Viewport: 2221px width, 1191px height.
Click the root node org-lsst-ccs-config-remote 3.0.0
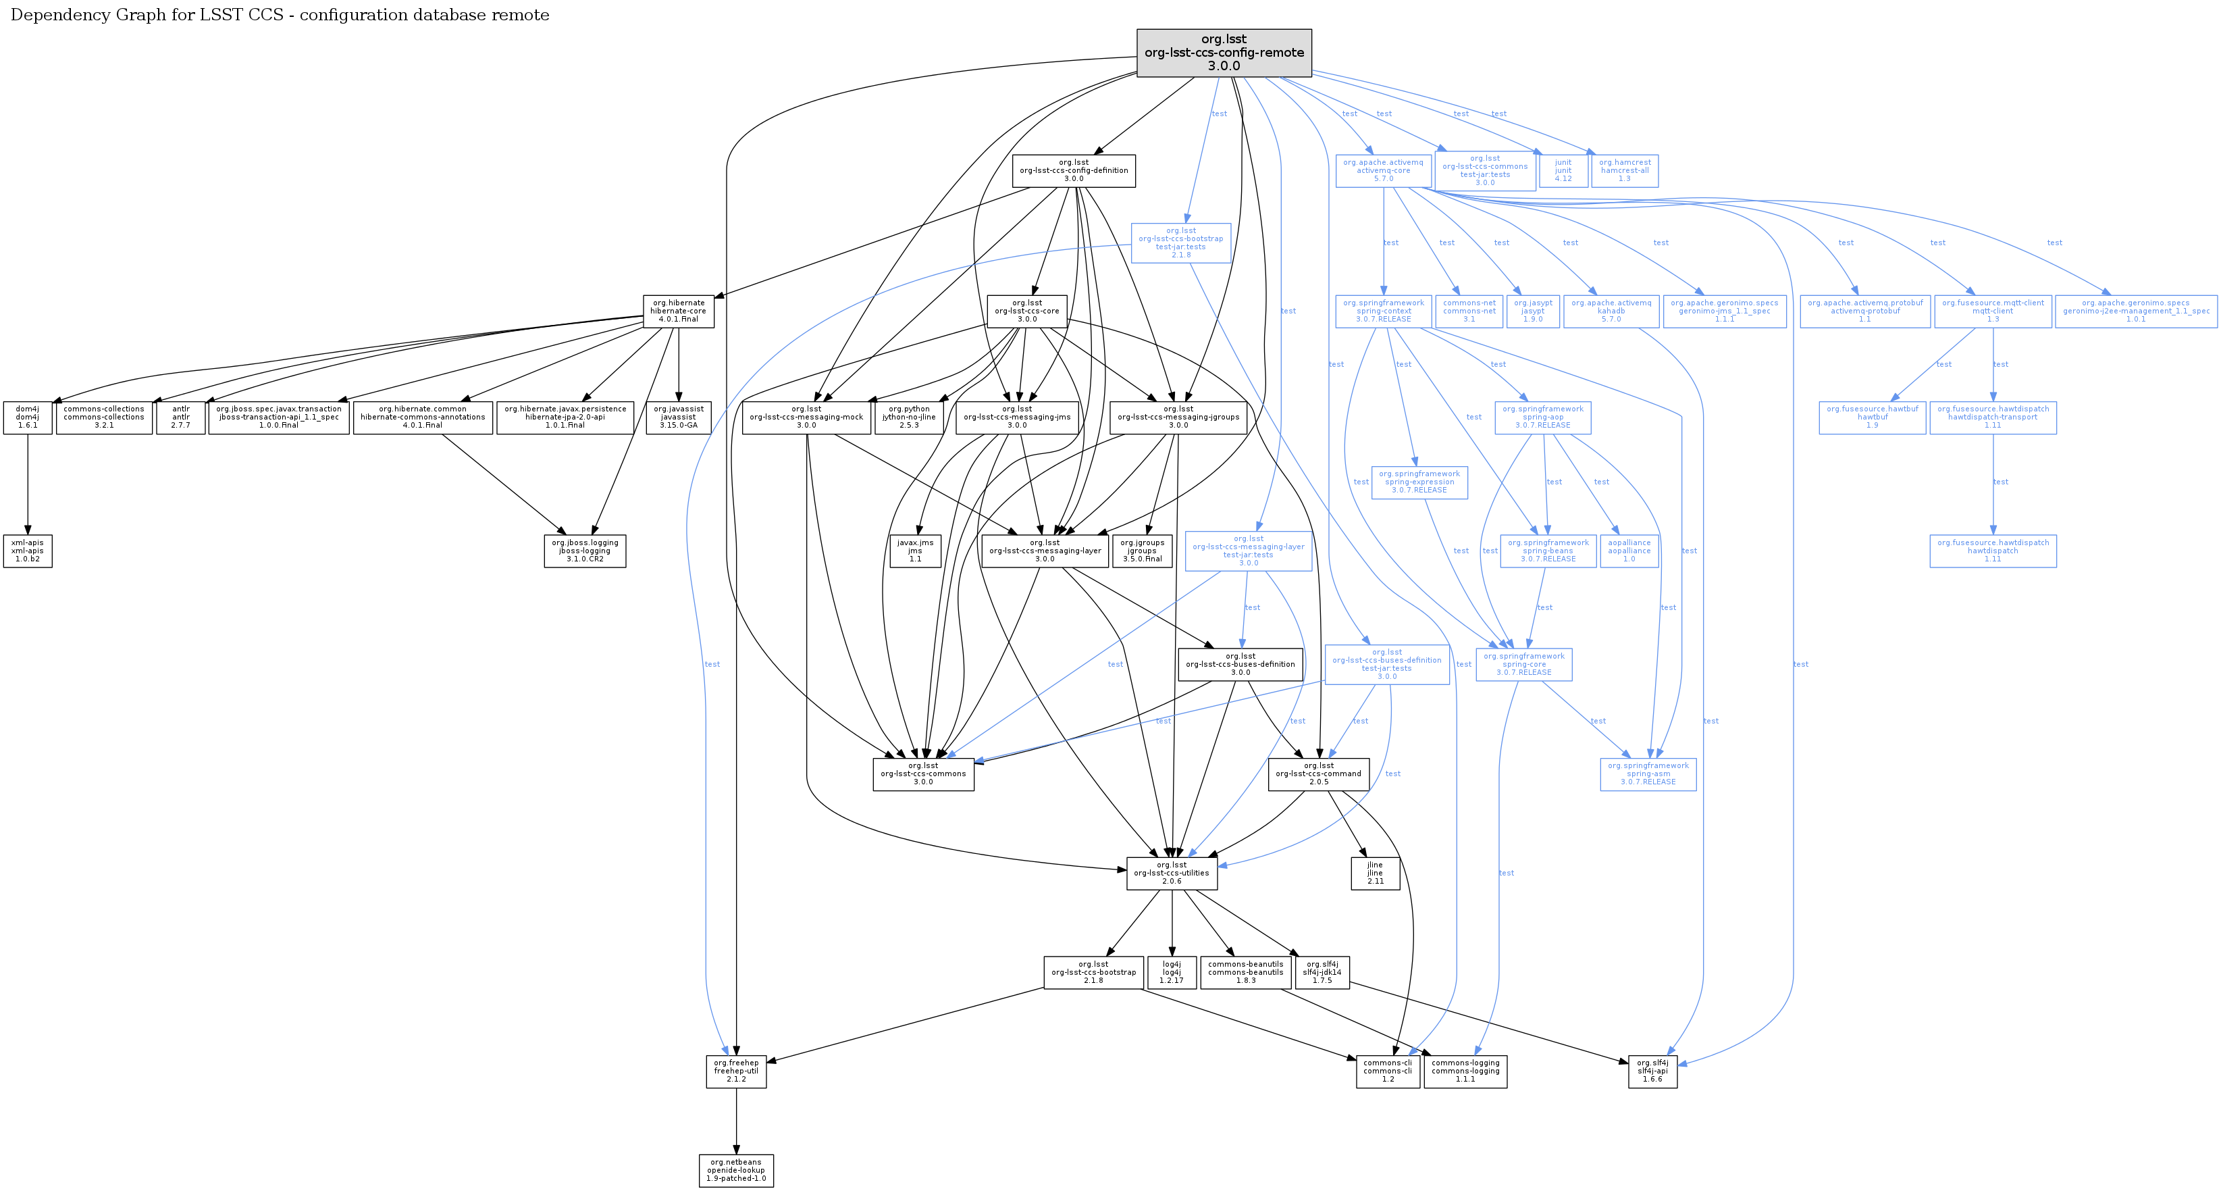1224,53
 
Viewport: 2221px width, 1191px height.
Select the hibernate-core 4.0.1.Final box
679,311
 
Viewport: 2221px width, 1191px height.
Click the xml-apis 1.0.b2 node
28,551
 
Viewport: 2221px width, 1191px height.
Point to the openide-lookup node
736,1170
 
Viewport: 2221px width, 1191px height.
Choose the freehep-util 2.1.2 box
736,1071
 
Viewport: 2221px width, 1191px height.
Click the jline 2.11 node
1375,873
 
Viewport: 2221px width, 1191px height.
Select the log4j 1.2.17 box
1172,972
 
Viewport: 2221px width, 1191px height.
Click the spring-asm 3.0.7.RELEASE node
1648,774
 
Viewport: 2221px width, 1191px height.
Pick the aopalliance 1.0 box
1629,551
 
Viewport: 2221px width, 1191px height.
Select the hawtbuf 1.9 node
1872,417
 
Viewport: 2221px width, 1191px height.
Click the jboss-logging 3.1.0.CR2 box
585,551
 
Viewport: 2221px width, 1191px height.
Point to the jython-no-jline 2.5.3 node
909,417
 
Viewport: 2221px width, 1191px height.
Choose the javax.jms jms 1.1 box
915,551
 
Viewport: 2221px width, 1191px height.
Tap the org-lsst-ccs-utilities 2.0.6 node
1171,873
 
